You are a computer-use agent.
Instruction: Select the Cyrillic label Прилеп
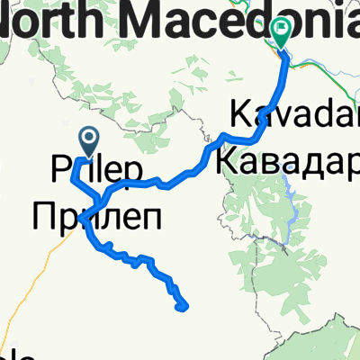coord(94,216)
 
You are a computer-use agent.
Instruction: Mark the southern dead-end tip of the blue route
coord(184,307)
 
